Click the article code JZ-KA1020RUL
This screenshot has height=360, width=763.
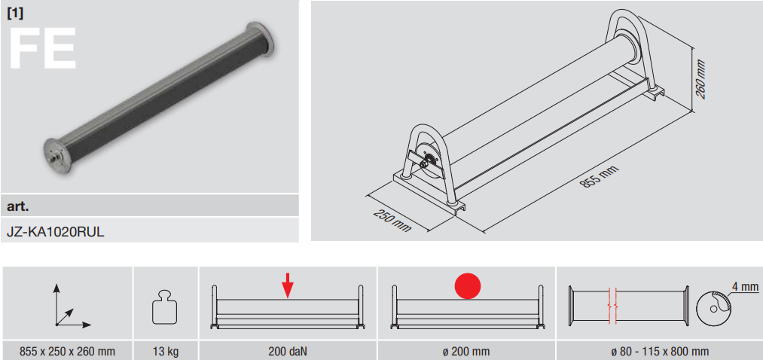coord(56,231)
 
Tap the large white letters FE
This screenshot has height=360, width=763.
coord(42,49)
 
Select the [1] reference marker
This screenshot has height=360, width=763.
coord(15,13)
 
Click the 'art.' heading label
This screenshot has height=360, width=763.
coord(18,206)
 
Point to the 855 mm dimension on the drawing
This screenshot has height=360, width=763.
coord(600,176)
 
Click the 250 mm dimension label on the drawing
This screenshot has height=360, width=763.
coord(392,221)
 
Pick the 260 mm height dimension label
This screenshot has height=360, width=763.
coord(700,79)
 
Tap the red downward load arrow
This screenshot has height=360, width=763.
coord(288,285)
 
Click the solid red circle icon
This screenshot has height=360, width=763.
coord(468,285)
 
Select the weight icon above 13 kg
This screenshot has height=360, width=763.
coord(166,307)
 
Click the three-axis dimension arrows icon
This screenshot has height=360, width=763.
coord(71,304)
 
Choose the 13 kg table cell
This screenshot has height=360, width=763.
coord(166,351)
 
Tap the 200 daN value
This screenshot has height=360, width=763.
coord(288,351)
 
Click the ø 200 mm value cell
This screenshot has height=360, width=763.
coord(467,351)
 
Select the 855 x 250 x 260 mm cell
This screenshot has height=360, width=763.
coord(67,351)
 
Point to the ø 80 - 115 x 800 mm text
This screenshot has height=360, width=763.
coord(659,351)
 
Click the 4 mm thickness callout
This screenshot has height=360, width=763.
coord(745,287)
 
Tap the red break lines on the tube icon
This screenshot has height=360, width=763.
coord(612,306)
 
